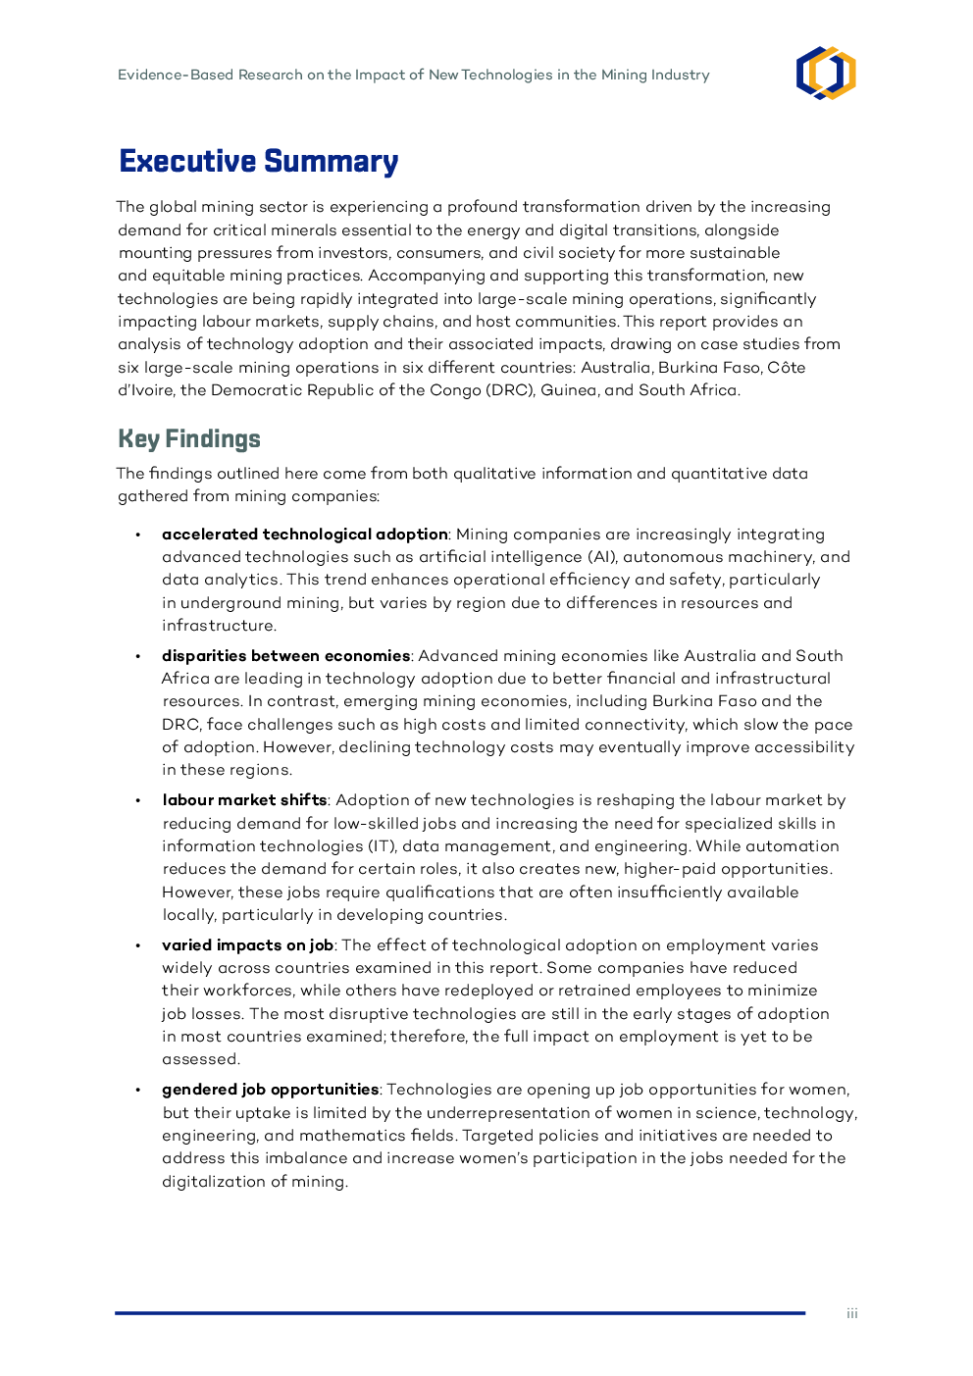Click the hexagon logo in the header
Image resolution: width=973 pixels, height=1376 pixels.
click(826, 74)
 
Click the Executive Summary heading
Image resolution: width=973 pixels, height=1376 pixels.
click(258, 161)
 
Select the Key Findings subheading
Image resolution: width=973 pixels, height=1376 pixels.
click(189, 438)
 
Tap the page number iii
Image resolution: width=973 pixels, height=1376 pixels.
click(852, 1313)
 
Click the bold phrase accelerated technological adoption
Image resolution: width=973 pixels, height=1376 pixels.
click(304, 535)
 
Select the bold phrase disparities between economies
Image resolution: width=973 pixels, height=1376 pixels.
click(285, 656)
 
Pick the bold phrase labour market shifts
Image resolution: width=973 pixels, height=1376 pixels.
click(244, 800)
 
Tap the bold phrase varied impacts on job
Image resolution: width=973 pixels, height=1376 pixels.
click(247, 945)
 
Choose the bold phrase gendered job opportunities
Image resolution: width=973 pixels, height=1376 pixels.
click(270, 1090)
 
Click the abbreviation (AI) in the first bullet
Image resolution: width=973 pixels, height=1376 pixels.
click(601, 557)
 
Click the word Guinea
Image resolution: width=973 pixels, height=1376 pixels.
click(568, 390)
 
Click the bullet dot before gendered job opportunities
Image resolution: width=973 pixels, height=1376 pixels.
click(138, 1090)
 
